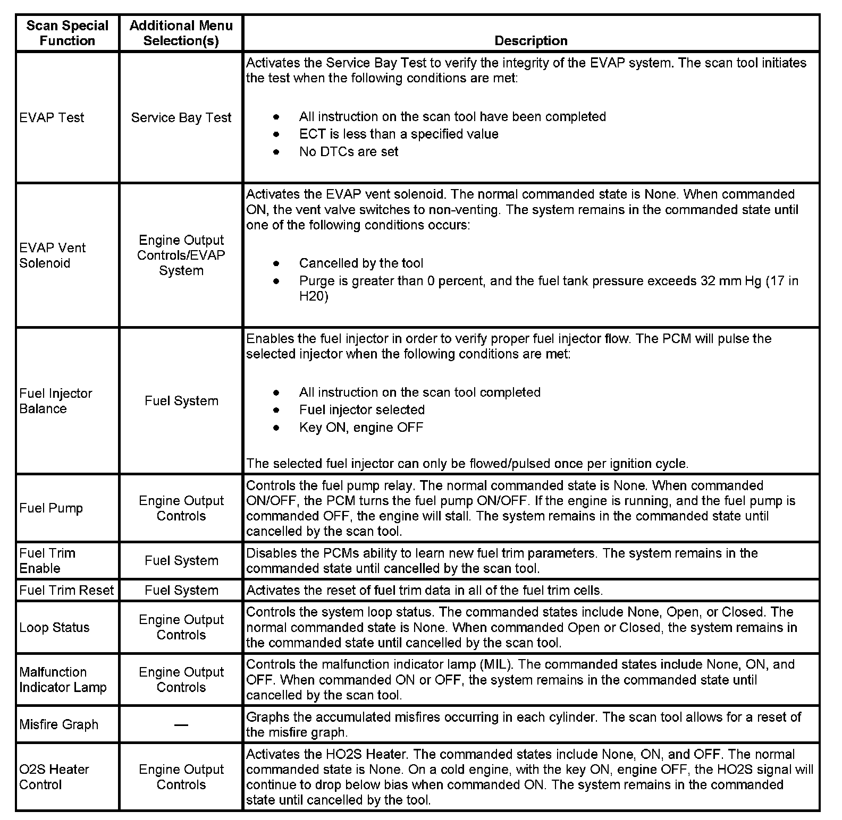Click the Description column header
tap(531, 41)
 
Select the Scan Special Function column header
tap(67, 33)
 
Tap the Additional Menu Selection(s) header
tap(181, 33)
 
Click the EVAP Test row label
tap(52, 117)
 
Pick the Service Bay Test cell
tap(181, 117)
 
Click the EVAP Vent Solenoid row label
tap(52, 255)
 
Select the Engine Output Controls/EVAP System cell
tap(181, 255)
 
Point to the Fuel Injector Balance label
tap(55, 401)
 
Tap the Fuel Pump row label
tap(51, 508)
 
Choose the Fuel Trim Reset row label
tap(66, 590)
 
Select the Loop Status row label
tap(54, 627)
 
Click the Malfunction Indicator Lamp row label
tap(63, 680)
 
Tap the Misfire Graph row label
tap(58, 724)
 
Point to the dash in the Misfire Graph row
tap(181, 724)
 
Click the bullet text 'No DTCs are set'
tap(348, 152)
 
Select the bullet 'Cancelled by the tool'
tap(361, 263)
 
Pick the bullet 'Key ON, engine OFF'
tap(361, 428)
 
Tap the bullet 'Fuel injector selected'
tap(361, 410)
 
